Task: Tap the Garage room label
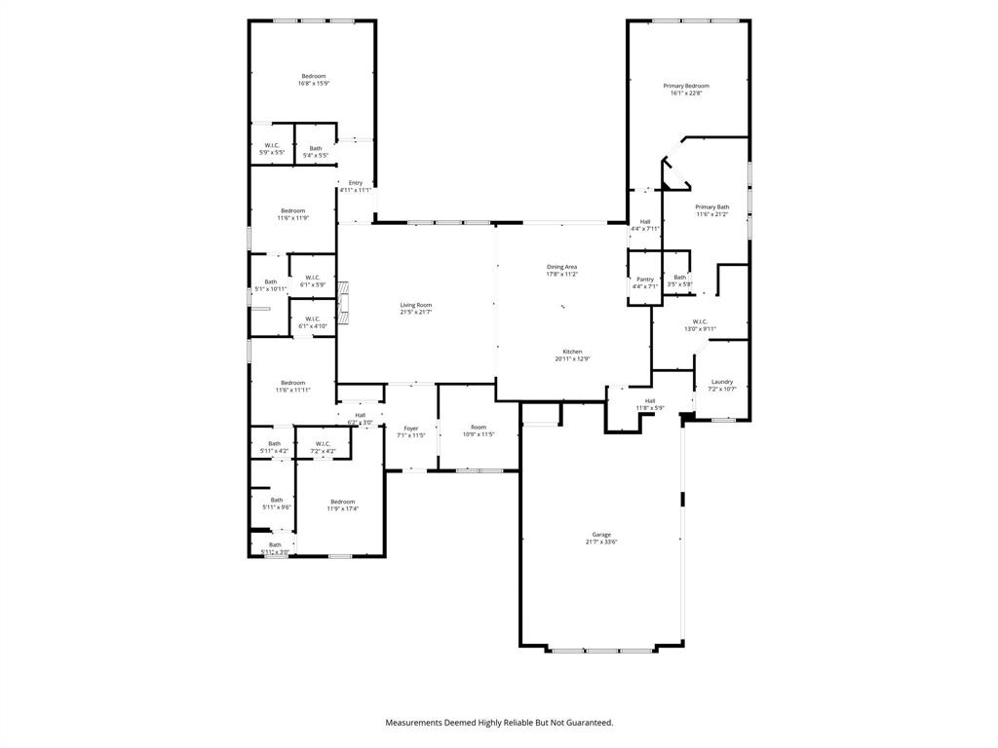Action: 601,535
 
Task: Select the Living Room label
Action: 415,305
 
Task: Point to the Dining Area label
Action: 561,267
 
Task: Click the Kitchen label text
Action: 572,352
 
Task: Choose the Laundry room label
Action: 721,382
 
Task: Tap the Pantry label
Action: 644,280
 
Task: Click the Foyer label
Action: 411,428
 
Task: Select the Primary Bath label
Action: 711,206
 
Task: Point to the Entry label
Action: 356,183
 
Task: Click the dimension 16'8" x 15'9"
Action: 314,84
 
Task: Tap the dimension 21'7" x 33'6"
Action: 601,542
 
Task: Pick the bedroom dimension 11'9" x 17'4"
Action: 342,509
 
